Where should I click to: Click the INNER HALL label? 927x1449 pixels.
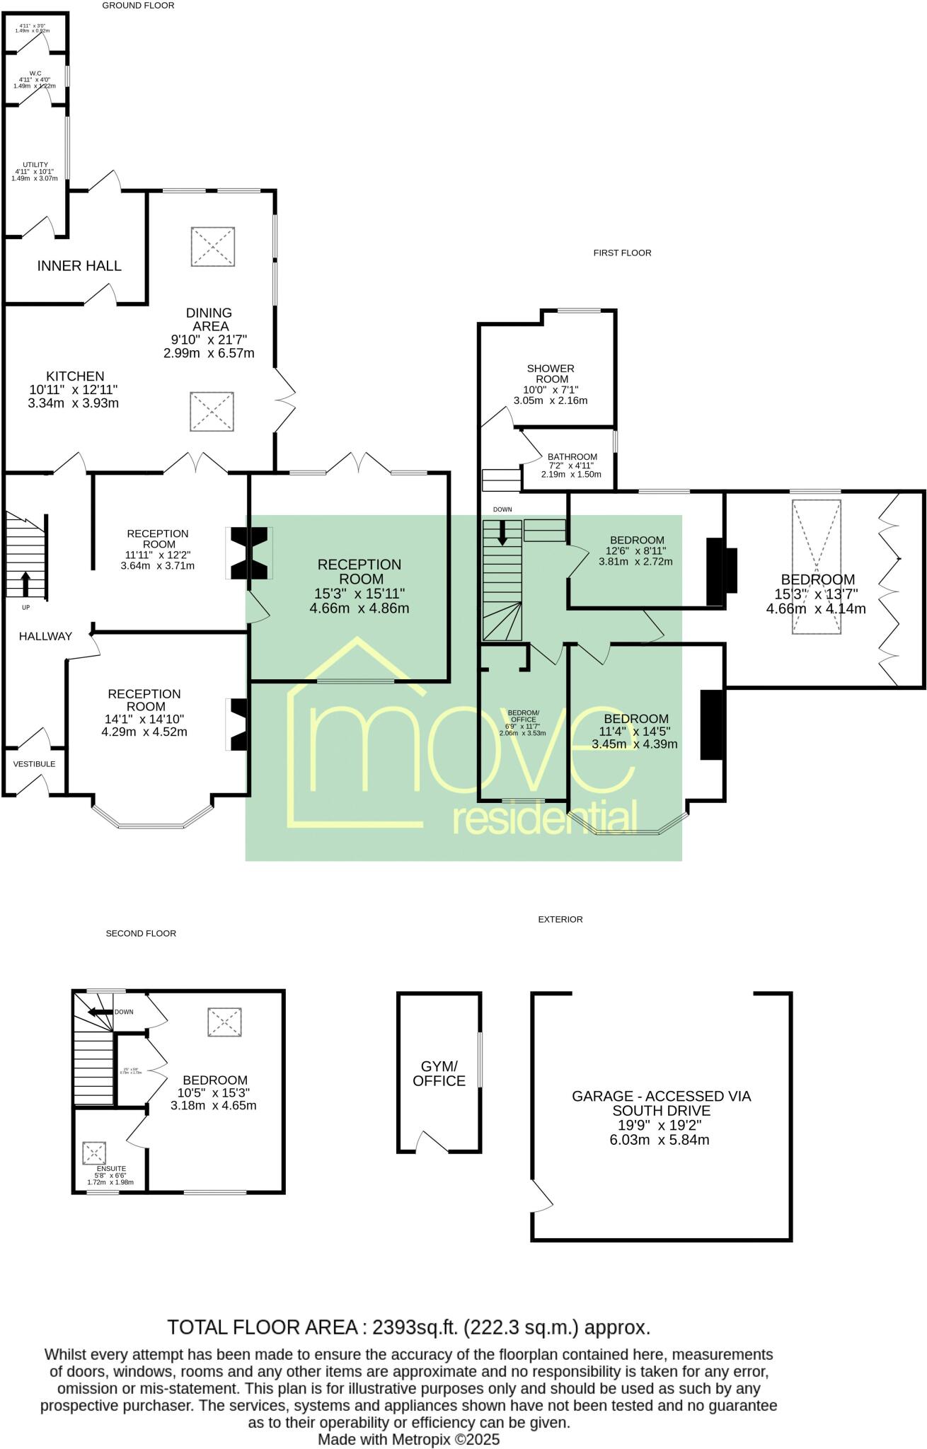[79, 266]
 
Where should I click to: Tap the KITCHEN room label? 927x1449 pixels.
[75, 376]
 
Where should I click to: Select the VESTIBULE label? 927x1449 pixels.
[34, 763]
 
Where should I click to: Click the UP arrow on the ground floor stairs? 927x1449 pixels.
[25, 584]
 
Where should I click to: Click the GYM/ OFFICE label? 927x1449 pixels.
[439, 1073]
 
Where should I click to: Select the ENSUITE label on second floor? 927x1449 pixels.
[111, 1168]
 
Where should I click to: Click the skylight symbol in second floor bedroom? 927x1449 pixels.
[225, 1022]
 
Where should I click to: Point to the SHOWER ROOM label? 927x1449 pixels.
[551, 374]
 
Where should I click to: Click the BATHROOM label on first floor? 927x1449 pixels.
[572, 456]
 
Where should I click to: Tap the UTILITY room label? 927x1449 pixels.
[35, 164]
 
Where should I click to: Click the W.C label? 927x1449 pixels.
[35, 73]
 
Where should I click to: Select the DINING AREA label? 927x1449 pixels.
[209, 319]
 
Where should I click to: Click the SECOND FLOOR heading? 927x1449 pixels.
[141, 933]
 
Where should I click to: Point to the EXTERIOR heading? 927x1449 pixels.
[560, 919]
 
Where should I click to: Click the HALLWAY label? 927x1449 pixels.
[45, 636]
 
